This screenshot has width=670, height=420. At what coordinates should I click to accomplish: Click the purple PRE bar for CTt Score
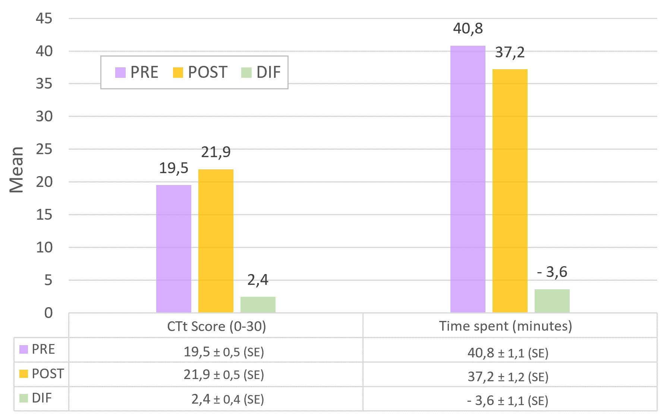tap(173, 249)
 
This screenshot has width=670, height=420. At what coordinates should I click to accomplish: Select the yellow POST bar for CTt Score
tap(216, 241)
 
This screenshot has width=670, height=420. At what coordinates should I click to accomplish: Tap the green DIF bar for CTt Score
tap(258, 305)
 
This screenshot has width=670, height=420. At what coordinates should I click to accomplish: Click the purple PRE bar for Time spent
tap(468, 179)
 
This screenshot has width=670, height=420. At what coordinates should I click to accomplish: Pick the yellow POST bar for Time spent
tap(510, 191)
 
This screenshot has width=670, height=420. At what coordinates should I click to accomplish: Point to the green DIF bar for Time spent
tap(552, 301)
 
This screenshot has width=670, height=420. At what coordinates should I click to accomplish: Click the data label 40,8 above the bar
tap(468, 29)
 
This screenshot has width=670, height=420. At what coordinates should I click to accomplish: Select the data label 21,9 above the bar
tap(216, 152)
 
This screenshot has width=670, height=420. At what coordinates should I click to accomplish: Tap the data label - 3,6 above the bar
tap(552, 272)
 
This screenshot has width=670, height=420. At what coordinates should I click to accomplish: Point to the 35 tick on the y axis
tap(44, 84)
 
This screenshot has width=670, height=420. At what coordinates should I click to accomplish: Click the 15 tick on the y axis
tap(44, 215)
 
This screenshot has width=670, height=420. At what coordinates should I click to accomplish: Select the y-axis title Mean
tap(16, 169)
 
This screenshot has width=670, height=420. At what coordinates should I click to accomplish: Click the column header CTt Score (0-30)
tap(216, 326)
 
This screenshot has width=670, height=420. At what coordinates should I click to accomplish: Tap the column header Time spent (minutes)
tap(505, 326)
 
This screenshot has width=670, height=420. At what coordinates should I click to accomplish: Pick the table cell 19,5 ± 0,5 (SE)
tap(224, 352)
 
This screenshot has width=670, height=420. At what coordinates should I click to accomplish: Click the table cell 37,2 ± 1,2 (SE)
tap(508, 377)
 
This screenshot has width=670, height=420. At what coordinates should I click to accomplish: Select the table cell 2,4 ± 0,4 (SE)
tap(227, 399)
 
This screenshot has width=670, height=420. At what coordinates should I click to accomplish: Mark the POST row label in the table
tap(47, 373)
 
